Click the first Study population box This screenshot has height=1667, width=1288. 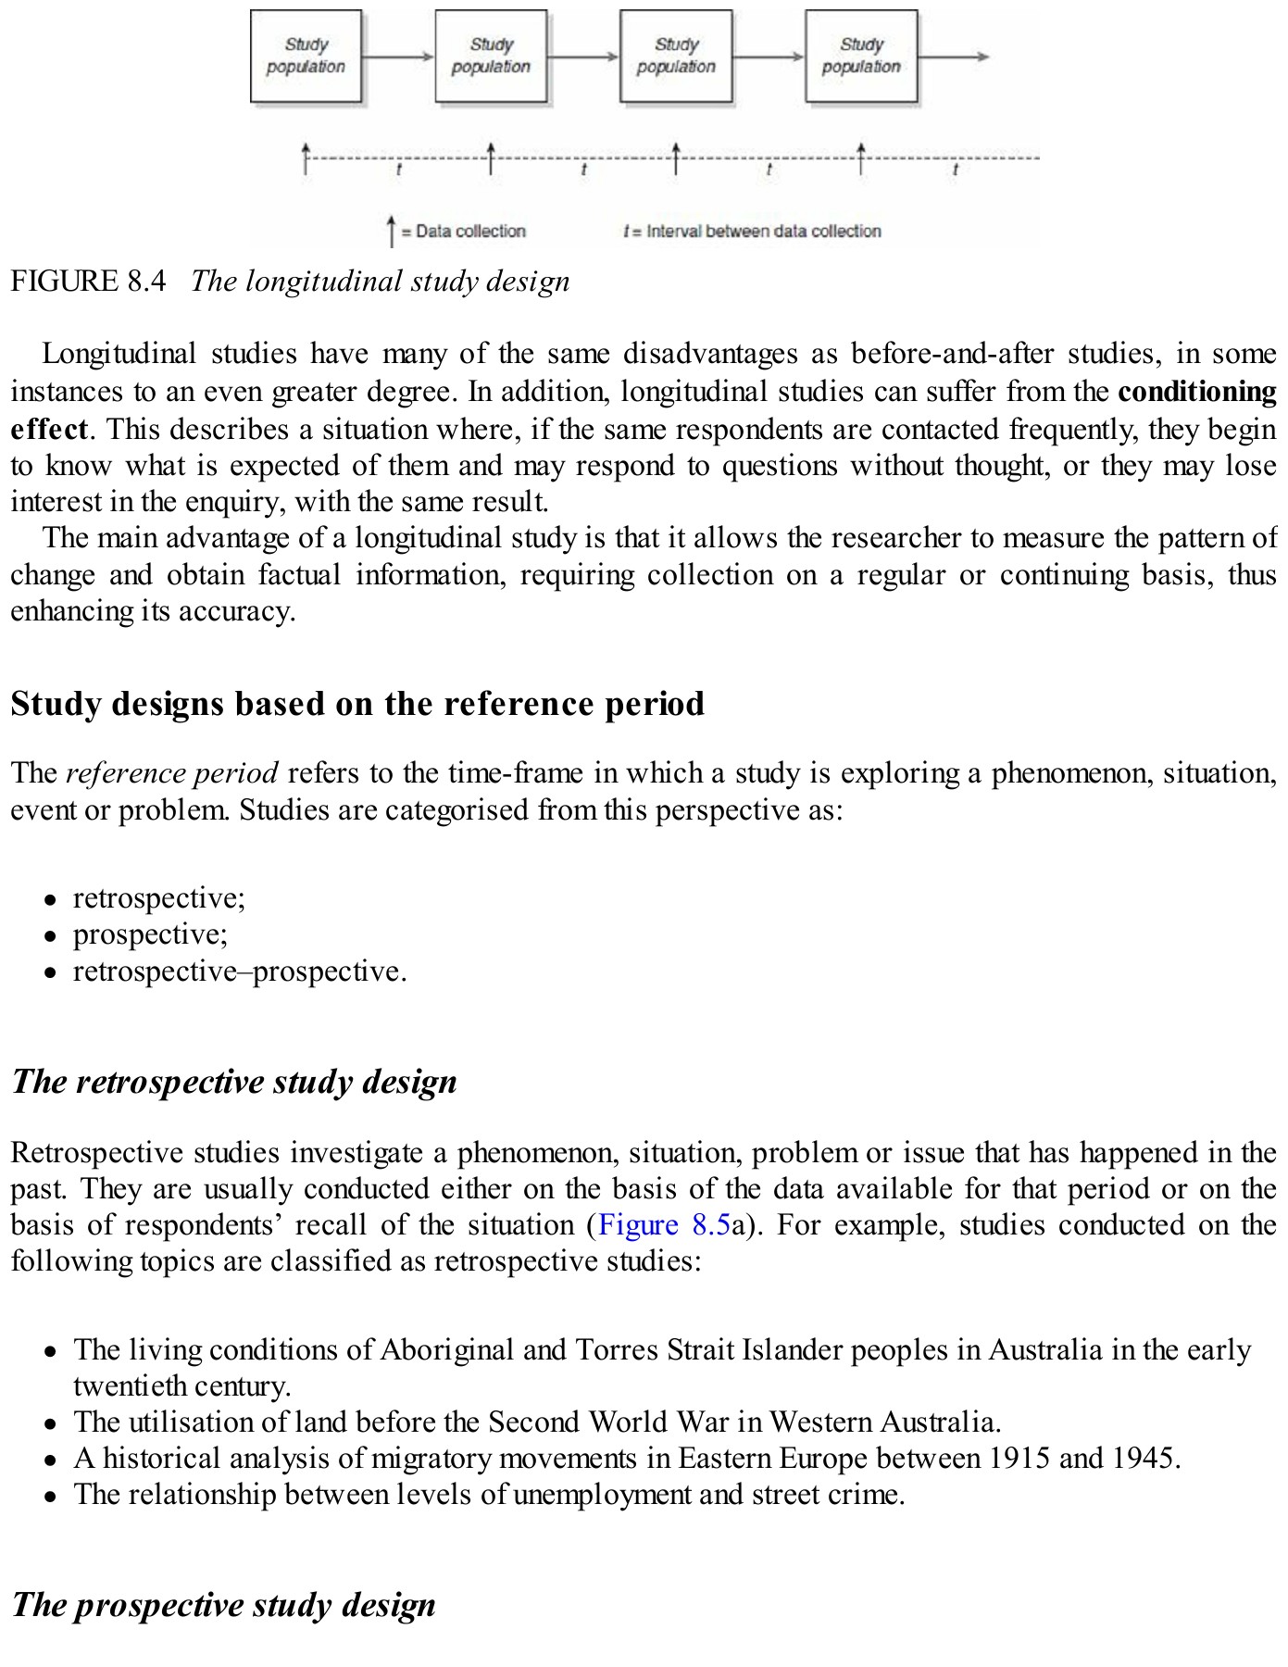[306, 56]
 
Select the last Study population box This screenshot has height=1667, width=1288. [861, 56]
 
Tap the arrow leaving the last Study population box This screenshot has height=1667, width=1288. [954, 56]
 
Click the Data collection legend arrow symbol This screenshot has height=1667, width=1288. [392, 232]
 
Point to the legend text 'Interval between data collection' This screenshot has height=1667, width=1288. [763, 232]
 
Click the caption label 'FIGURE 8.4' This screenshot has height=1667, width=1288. [88, 282]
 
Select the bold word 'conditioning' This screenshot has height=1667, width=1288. [1196, 392]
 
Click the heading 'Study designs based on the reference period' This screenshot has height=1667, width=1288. [357, 704]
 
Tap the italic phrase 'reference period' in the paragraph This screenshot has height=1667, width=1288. [172, 773]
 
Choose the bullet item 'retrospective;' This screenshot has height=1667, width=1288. [159, 898]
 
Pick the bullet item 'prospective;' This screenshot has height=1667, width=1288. [150, 934]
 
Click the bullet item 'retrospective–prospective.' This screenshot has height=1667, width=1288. [240, 971]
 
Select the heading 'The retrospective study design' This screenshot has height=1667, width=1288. [234, 1082]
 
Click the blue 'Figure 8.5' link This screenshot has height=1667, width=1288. [664, 1225]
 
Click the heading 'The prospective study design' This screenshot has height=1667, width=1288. [223, 1605]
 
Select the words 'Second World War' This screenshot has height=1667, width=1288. [602, 1423]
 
